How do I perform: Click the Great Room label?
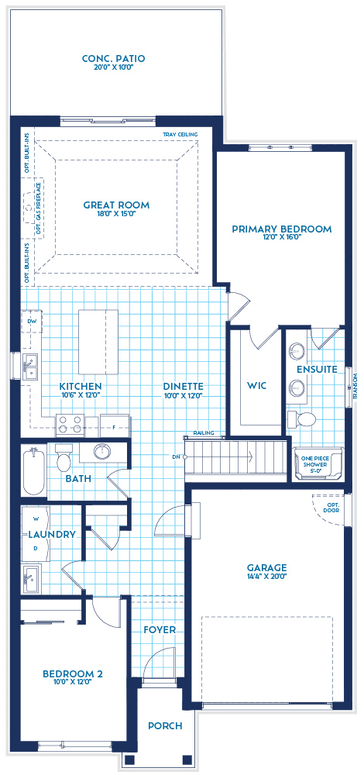point(116,205)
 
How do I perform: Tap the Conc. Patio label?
point(114,59)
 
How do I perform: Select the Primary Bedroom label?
point(281,229)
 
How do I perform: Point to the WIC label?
point(257,385)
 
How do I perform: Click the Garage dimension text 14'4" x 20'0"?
point(266,577)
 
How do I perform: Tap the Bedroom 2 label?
point(73,674)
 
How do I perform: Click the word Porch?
point(164,726)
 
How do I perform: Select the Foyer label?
point(160,630)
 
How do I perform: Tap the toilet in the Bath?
point(64,458)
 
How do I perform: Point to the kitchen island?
point(98,342)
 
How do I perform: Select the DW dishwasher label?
point(32,320)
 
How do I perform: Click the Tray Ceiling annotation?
point(180,135)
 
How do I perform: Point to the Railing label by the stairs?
point(204,436)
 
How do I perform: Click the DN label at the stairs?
point(177,457)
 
